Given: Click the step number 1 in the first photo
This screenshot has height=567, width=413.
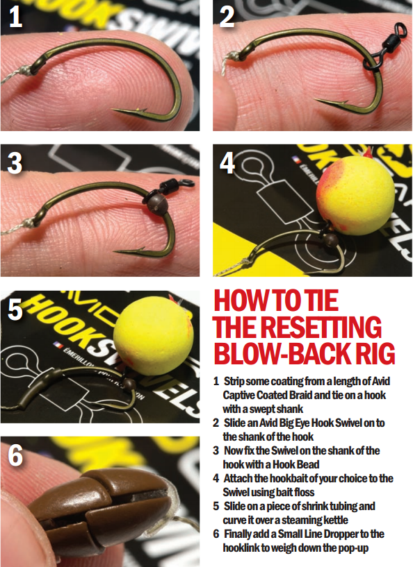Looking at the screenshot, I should pos(15,17).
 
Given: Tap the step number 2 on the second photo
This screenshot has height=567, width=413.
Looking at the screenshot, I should pos(227,17).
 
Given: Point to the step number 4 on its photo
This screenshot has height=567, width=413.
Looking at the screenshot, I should pos(227,164).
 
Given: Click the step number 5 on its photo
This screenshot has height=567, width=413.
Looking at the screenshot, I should pos(16,310).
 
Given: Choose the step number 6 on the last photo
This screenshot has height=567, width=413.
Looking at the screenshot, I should pos(16,455).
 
